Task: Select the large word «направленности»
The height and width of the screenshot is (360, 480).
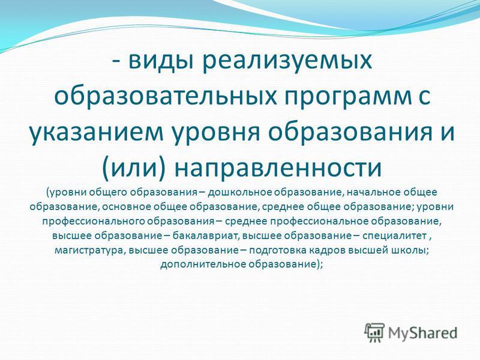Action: pos(278,167)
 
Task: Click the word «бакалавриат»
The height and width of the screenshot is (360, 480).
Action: pos(205,236)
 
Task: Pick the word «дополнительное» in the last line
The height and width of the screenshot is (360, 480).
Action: pos(203,265)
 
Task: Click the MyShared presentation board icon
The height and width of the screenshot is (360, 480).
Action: pos(374,332)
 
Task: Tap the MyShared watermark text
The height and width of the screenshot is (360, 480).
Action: pos(422,333)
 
